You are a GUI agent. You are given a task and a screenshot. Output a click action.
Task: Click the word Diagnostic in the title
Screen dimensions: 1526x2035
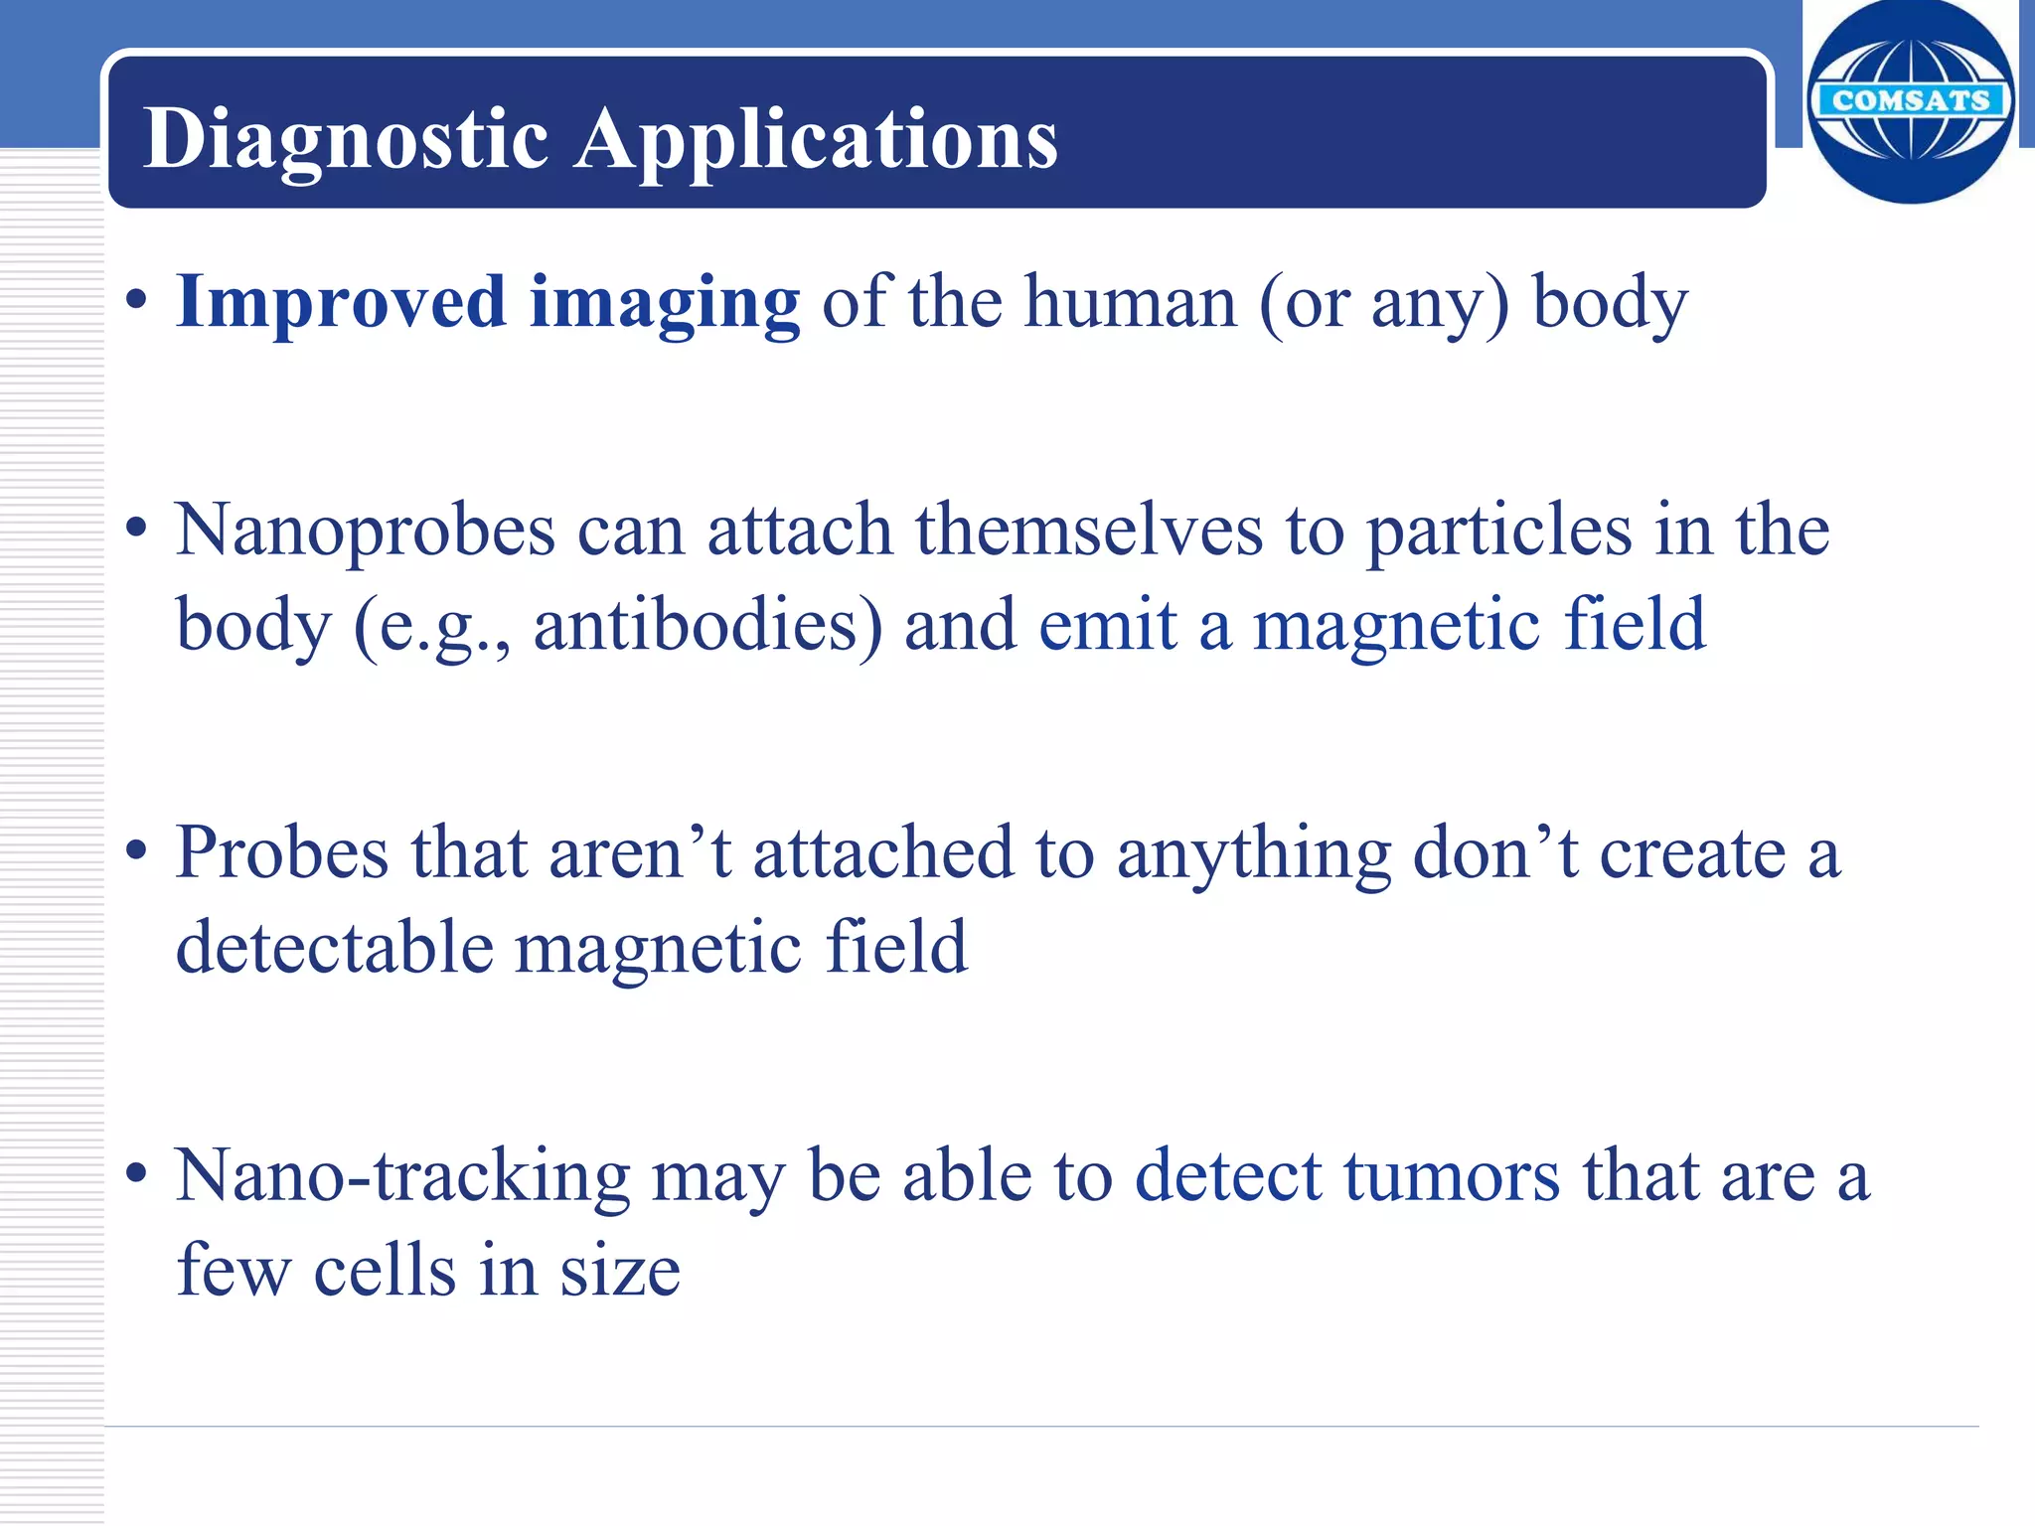[x=345, y=139]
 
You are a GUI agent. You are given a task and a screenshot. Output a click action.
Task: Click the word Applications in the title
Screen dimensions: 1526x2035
[x=816, y=139]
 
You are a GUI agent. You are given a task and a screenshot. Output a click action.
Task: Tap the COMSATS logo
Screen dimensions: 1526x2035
[x=1910, y=100]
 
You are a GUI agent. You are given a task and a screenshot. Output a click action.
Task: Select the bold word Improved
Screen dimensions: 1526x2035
[x=341, y=302]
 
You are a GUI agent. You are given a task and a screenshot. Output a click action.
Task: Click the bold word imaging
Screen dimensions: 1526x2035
[x=664, y=304]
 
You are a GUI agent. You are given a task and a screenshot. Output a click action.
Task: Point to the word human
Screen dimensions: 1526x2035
[x=1130, y=302]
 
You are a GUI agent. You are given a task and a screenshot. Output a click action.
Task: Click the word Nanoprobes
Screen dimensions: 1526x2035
[x=365, y=531]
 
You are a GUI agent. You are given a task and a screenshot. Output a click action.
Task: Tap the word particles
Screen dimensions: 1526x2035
[x=1499, y=531]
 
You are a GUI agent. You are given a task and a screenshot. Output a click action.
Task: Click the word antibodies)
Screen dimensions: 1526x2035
[x=707, y=626]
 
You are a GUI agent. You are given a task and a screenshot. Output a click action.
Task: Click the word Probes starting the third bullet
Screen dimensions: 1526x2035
[x=282, y=854]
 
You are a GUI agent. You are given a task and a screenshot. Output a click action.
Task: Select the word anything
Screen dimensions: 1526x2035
[x=1253, y=854]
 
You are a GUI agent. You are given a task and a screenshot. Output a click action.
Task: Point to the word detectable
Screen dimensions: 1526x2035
[x=335, y=948]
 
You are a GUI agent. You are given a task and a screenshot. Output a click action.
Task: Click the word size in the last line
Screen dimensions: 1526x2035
[x=620, y=1272]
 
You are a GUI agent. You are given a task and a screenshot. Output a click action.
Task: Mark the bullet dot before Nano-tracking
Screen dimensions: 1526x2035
[x=137, y=1173]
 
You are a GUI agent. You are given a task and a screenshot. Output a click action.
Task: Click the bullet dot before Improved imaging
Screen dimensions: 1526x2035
[x=137, y=300]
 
